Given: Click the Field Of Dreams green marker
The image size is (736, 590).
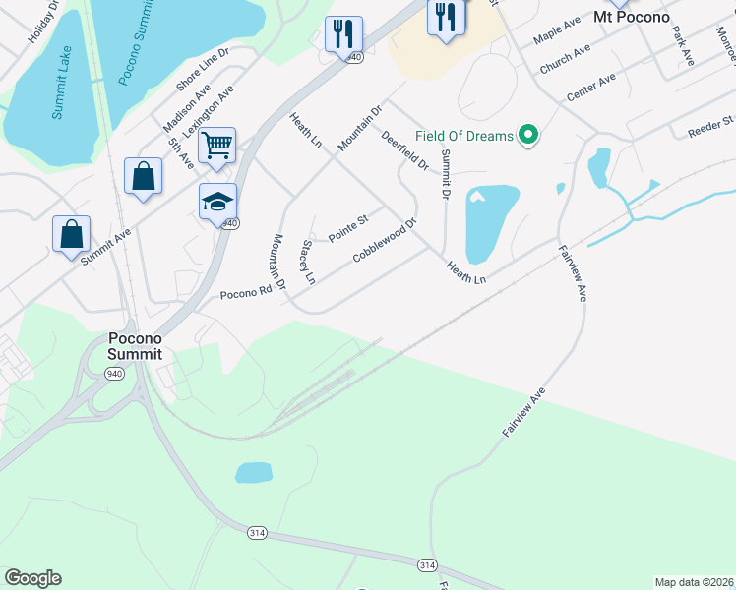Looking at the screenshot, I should tap(528, 135).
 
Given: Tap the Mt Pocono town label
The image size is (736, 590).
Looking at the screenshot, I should tap(632, 17).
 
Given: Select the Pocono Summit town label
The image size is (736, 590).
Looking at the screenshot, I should tap(135, 345).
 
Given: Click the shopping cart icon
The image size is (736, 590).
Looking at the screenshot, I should tap(216, 146).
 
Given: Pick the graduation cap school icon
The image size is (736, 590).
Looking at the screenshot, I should tap(217, 202).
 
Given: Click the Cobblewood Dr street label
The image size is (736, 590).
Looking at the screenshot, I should tap(386, 239).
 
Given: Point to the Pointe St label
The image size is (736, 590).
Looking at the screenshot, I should tap(347, 228).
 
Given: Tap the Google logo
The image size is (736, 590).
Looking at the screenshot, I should tap(32, 578).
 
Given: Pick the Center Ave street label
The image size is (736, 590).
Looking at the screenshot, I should tap(590, 88).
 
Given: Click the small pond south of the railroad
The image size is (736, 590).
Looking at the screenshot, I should tap(254, 473).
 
